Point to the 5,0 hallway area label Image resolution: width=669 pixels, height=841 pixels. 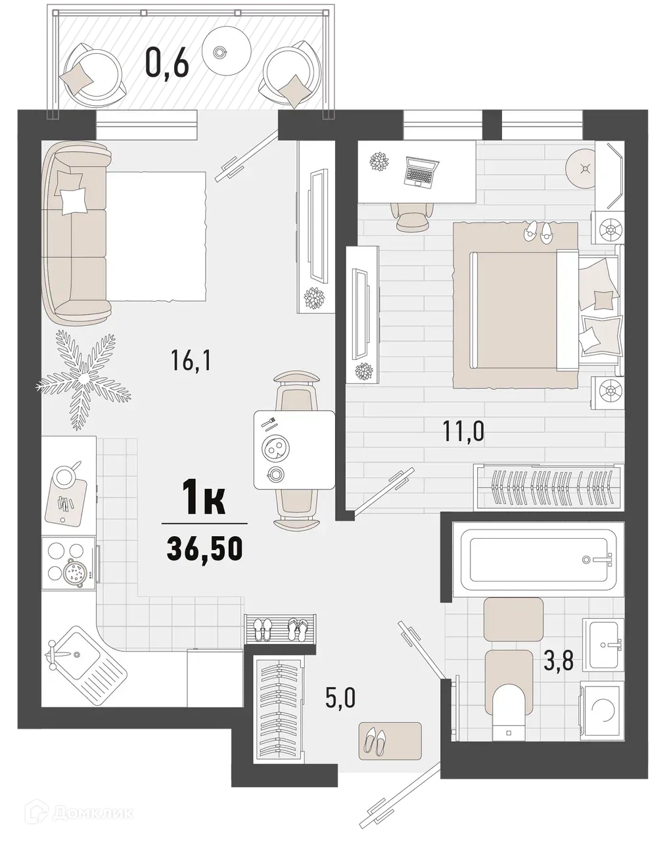[340, 696]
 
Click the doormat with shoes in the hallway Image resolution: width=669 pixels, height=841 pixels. [390, 741]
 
